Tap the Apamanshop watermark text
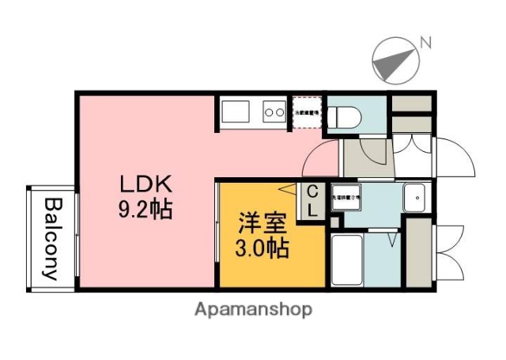(x=253, y=309)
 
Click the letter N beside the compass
(x=426, y=42)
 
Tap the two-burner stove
(x=274, y=112)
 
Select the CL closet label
(x=313, y=201)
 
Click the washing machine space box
(x=346, y=198)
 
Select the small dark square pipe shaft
(x=335, y=221)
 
